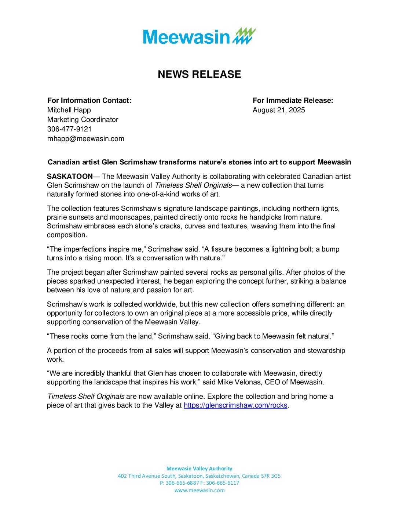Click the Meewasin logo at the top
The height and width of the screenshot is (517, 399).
pyautogui.click(x=199, y=36)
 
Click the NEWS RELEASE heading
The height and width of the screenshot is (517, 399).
pyautogui.click(x=199, y=74)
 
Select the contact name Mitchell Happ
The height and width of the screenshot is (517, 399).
pyautogui.click(x=69, y=110)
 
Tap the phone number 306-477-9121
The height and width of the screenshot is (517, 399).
pyautogui.click(x=69, y=129)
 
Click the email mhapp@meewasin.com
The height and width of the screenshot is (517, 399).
pyautogui.click(x=85, y=139)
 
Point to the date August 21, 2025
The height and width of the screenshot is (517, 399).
pyautogui.click(x=279, y=110)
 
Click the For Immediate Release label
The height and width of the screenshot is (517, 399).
pyautogui.click(x=293, y=101)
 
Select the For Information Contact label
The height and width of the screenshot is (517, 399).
pyautogui.click(x=89, y=101)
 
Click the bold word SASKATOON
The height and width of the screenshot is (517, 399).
pyautogui.click(x=70, y=177)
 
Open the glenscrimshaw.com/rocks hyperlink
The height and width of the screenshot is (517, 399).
pyautogui.click(x=235, y=405)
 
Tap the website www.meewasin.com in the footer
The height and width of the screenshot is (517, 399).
pyautogui.click(x=199, y=490)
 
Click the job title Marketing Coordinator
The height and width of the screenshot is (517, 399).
pyautogui.click(x=83, y=120)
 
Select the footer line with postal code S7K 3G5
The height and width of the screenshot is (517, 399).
pyautogui.click(x=199, y=476)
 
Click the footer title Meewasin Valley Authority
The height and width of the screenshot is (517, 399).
pyautogui.click(x=199, y=469)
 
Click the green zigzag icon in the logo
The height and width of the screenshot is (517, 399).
pyautogui.click(x=244, y=36)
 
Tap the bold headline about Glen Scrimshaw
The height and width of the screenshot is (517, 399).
pyautogui.click(x=199, y=162)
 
